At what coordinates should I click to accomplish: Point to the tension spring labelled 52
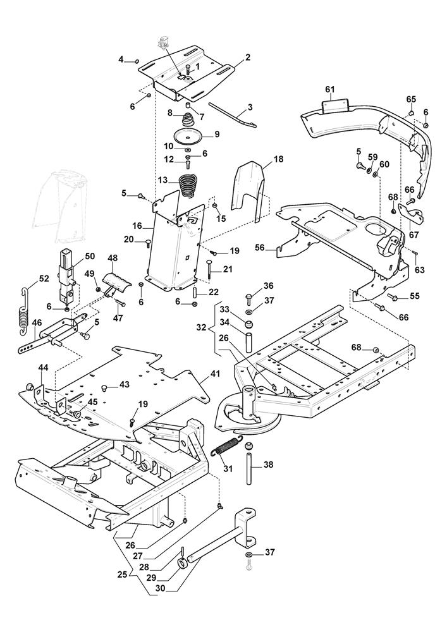(23, 312)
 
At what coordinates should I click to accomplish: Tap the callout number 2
(248, 58)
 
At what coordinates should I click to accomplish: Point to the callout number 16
(137, 225)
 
